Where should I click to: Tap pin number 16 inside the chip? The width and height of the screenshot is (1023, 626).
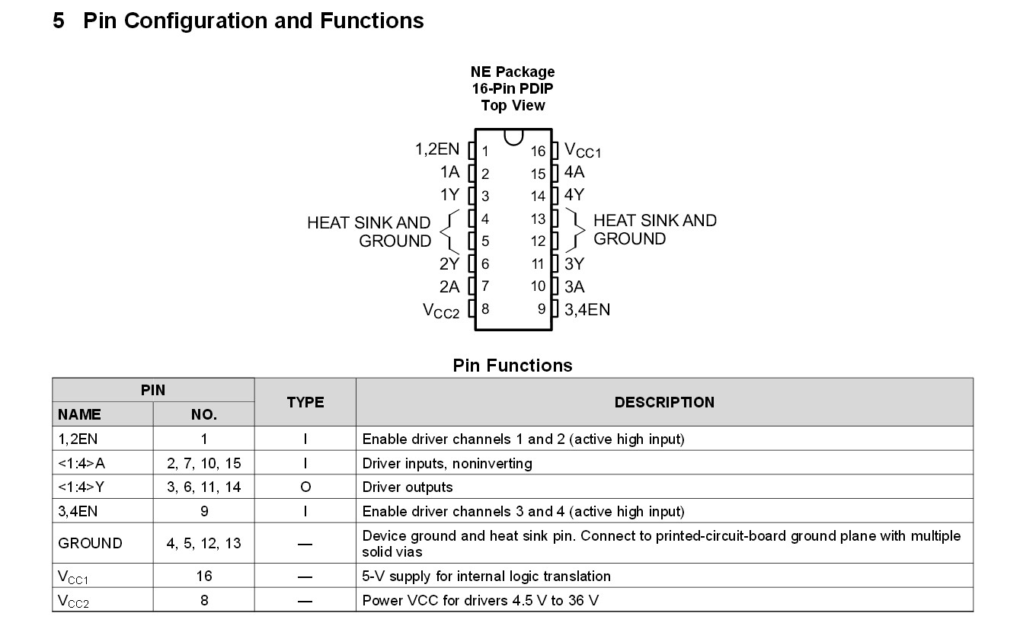pos(539,152)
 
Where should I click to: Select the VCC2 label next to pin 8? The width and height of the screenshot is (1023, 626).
pos(441,311)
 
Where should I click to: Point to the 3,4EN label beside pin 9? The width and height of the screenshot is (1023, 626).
pos(587,309)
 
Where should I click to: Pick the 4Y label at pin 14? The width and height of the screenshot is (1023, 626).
pos(574,195)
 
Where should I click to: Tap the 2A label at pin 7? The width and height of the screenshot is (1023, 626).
pos(449,286)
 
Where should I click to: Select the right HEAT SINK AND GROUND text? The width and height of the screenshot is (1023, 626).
pos(654,229)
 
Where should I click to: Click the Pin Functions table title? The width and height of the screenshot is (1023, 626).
pos(512,366)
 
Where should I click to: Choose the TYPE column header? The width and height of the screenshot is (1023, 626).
pos(305,402)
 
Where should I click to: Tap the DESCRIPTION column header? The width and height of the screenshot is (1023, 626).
pos(664,402)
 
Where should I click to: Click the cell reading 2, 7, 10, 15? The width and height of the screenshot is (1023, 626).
pos(203,463)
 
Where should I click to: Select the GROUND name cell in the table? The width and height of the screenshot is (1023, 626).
pos(90,543)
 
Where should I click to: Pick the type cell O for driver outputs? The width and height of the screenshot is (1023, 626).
pos(305,487)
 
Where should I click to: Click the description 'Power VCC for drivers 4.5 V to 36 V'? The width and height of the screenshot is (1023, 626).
pos(480,600)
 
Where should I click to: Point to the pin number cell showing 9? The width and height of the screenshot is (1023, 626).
pos(203,512)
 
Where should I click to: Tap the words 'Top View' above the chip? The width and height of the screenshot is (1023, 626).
pos(513,105)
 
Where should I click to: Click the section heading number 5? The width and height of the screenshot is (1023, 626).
pos(59,21)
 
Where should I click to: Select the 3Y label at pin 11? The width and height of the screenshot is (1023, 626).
pos(574,264)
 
